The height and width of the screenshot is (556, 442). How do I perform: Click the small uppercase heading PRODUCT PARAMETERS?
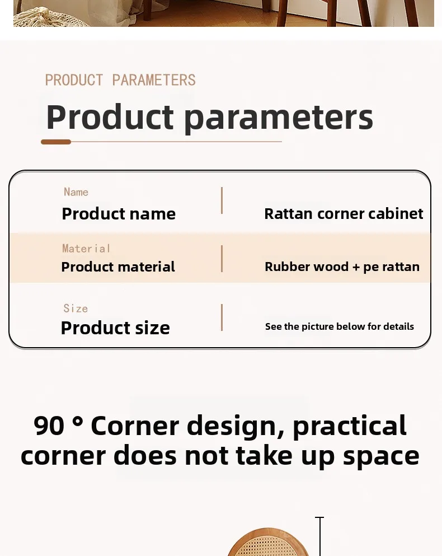point(120,80)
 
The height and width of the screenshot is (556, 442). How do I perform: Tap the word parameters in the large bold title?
point(279,118)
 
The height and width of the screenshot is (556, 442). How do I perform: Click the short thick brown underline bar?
point(56,142)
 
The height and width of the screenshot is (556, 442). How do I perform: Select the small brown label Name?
point(76,192)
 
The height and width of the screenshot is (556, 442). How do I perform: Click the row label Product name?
point(119,214)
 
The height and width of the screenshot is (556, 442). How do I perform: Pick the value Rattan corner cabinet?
point(344,213)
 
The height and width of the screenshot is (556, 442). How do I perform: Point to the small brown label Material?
point(86,248)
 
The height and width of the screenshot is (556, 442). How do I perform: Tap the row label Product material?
point(118,267)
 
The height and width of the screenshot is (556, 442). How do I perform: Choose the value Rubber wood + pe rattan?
point(342,267)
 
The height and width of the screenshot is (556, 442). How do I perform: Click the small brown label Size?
point(76,308)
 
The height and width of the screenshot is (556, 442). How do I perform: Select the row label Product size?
point(115,328)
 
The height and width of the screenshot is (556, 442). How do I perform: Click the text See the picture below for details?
point(340,326)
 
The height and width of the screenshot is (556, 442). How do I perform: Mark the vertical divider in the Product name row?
point(222,200)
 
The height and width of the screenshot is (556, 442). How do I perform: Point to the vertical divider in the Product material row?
point(222,259)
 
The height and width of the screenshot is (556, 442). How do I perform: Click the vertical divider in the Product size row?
point(222,317)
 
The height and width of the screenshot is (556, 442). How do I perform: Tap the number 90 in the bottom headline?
point(49,426)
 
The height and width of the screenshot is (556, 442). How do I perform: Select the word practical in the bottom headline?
point(350,426)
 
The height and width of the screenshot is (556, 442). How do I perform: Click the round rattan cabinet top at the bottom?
point(269,543)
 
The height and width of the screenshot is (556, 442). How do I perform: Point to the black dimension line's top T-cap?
point(319,518)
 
